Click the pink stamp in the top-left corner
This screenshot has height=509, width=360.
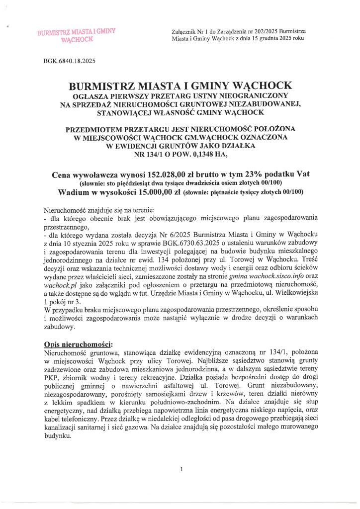pyautogui.click(x=76, y=35)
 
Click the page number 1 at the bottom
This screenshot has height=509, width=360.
pyautogui.click(x=181, y=469)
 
